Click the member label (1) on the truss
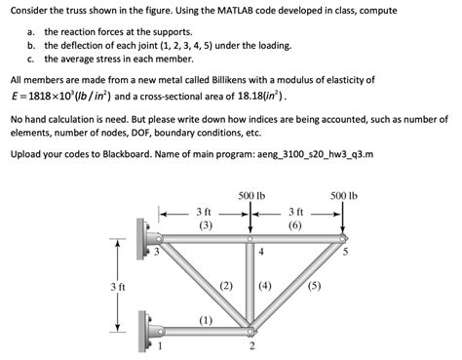(x=206, y=319)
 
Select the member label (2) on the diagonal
(x=226, y=286)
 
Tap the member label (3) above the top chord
(x=205, y=225)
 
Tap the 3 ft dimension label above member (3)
(x=205, y=212)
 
